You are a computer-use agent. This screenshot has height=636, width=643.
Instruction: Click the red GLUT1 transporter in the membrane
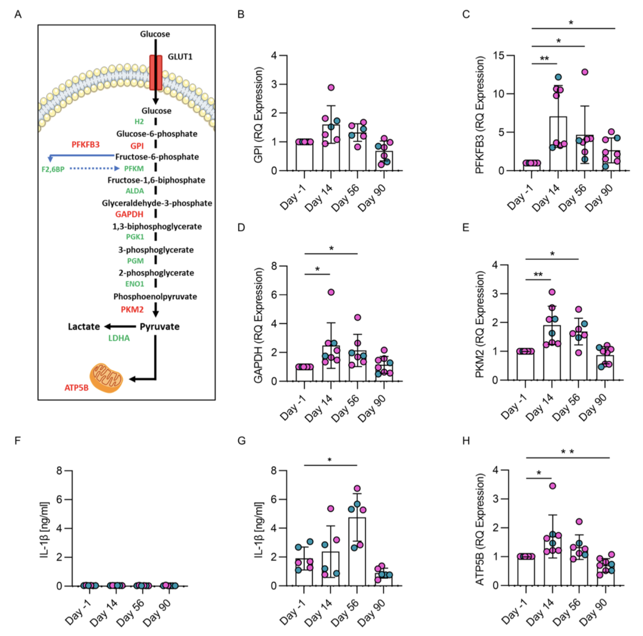155,73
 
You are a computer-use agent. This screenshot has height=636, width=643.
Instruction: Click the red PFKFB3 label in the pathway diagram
88,144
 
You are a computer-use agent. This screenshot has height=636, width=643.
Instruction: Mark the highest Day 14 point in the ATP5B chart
553,486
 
